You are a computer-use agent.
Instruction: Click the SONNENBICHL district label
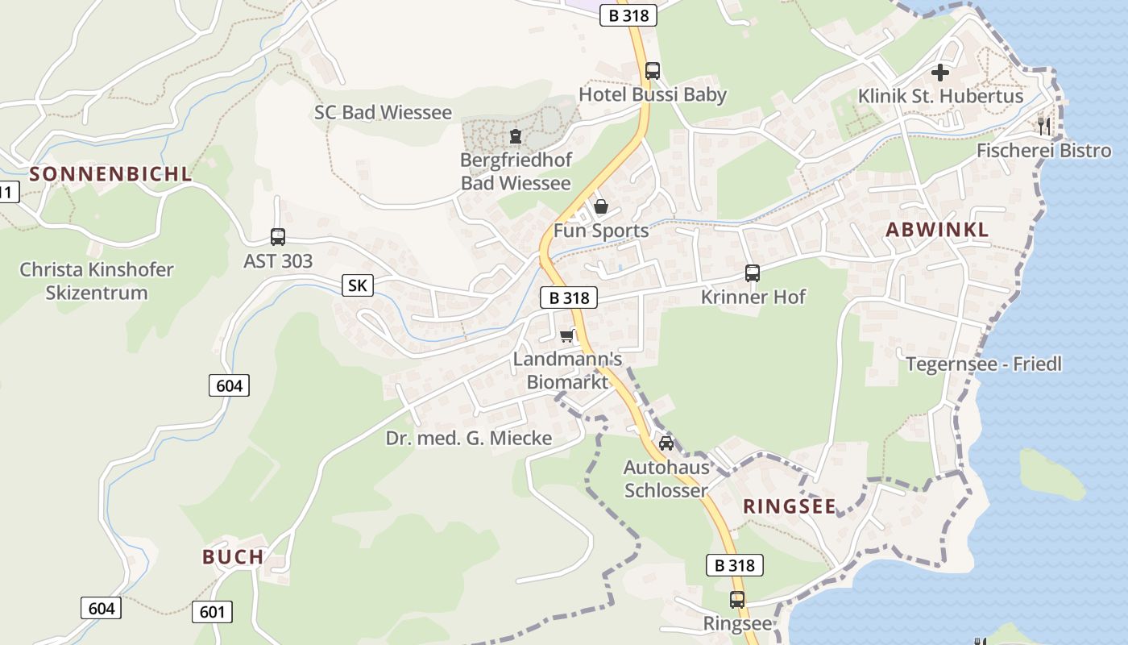[111, 173]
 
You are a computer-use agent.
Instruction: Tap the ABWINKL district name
[937, 229]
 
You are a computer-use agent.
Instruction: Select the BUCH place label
[233, 556]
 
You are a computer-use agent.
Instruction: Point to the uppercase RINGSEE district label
[790, 506]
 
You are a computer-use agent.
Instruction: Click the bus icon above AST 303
[278, 237]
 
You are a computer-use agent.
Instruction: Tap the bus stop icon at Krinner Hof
[753, 273]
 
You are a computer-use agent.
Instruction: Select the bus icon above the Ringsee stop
[737, 600]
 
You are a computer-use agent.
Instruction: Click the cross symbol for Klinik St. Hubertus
[940, 73]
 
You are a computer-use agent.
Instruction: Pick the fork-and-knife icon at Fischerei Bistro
[1044, 125]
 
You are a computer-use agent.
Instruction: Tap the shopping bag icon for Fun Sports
[601, 207]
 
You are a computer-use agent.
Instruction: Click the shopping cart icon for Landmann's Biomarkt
[568, 335]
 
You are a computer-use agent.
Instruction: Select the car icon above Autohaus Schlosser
[666, 443]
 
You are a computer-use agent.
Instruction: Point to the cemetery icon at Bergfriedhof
[516, 136]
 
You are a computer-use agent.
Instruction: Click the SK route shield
[356, 285]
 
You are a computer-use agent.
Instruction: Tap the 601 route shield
[212, 612]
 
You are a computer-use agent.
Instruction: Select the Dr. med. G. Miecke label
[469, 438]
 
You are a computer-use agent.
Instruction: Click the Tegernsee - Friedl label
[984, 364]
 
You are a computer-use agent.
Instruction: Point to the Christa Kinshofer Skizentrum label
[97, 281]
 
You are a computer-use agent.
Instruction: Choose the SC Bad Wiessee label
[383, 112]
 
